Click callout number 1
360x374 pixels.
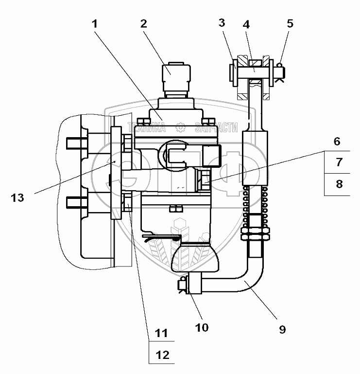96,23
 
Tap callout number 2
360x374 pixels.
142,23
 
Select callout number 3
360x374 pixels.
221,23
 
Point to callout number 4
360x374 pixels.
246,23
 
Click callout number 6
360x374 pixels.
337,142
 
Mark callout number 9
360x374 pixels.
283,329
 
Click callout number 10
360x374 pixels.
202,327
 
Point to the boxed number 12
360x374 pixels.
161,355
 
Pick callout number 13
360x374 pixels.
17,198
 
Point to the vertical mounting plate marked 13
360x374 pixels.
116,173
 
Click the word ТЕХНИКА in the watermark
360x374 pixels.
145,128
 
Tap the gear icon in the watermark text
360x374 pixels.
181,128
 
